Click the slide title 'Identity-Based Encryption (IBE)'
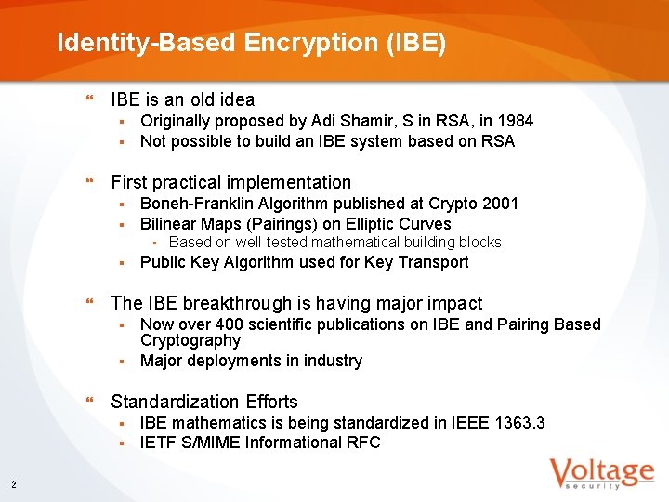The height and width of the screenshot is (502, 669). (251, 43)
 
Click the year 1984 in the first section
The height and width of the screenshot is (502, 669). (516, 121)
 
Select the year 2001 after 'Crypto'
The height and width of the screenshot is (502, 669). (501, 204)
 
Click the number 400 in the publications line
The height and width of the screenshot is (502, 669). (230, 324)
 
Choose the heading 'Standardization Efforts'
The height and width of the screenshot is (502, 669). (204, 402)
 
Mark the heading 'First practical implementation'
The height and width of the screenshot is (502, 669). (230, 182)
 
